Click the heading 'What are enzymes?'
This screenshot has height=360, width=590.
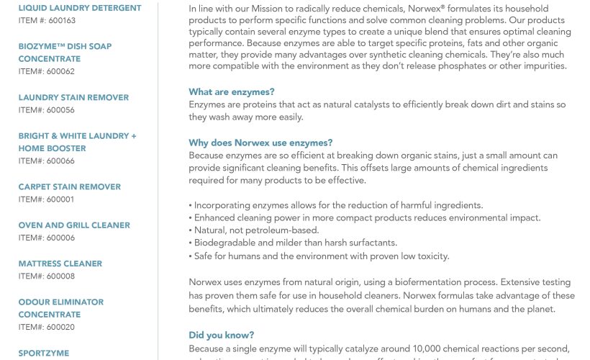(x=231, y=92)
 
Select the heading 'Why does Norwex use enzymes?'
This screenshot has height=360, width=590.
(x=260, y=143)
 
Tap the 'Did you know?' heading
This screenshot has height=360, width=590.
(x=221, y=336)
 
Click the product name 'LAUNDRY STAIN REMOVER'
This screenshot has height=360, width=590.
(x=73, y=98)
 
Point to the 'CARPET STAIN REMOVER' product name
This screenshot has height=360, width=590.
(x=70, y=187)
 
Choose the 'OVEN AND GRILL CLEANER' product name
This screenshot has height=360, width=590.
(x=74, y=225)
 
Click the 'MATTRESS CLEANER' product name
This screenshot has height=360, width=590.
(x=60, y=264)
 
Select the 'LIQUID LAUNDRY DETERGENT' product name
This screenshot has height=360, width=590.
(x=80, y=9)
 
